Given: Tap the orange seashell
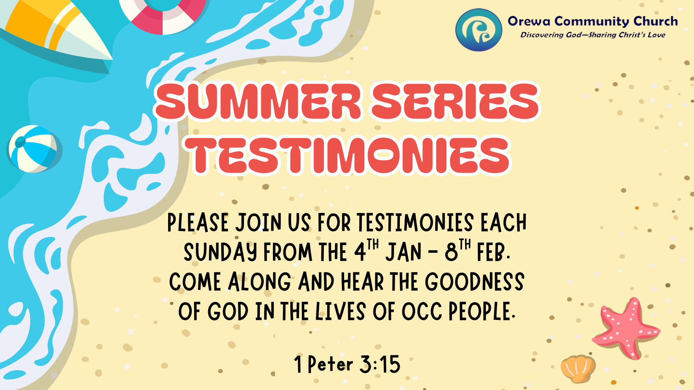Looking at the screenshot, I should click(x=578, y=368).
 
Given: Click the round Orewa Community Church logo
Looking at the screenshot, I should click(x=479, y=30).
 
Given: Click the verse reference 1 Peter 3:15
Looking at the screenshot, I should click(x=347, y=364).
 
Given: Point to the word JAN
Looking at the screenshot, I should click(x=403, y=252).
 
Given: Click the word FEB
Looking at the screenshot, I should click(x=492, y=252).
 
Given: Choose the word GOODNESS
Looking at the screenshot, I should click(x=474, y=282).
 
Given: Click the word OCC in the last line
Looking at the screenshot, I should click(x=422, y=312).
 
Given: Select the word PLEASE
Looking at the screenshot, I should click(x=198, y=222).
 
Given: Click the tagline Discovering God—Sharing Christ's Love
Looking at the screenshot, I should click(x=593, y=35).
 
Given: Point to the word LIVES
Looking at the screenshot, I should click(x=340, y=312).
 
